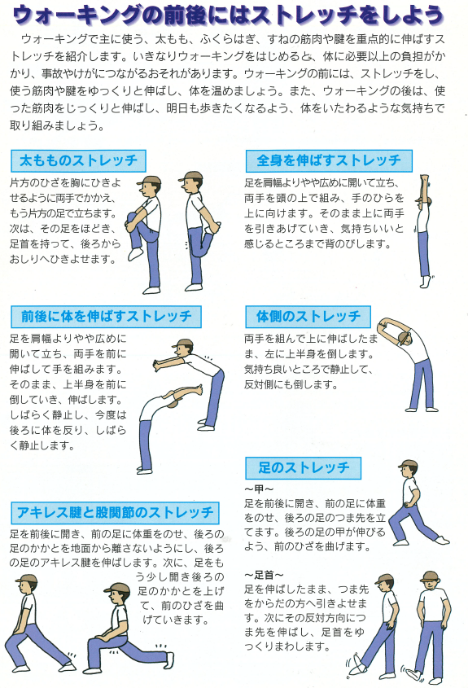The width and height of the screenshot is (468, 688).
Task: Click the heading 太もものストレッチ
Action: (78, 160)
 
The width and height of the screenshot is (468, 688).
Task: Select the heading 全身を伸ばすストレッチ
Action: (329, 160)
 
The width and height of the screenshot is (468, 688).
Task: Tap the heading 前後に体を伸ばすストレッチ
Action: (106, 317)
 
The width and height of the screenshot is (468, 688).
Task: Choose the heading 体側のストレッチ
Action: (308, 317)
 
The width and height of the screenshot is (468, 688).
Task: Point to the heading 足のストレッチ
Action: (304, 467)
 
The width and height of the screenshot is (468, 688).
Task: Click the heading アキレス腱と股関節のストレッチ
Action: (115, 513)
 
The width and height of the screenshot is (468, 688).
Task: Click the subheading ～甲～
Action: (259, 489)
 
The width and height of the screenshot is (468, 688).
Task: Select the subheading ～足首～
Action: (264, 575)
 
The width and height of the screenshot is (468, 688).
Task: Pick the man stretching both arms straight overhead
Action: (423, 230)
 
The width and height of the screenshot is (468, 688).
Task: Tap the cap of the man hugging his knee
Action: (149, 180)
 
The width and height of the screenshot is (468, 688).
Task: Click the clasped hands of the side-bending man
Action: (383, 323)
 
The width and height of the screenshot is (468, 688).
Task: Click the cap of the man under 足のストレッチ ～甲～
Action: (408, 464)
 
